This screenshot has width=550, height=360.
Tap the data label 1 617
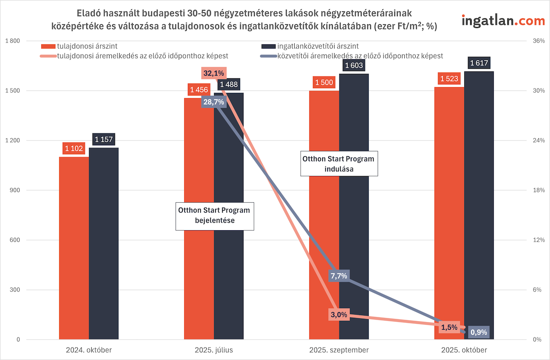click(479, 63)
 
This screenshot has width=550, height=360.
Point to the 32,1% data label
click(213, 73)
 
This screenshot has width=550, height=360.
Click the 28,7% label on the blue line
click(213, 102)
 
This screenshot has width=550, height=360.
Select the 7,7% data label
click(338, 276)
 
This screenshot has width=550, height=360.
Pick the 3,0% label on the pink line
click(339, 315)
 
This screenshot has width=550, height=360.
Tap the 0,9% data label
click(479, 332)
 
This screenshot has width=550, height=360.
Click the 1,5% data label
click(449, 327)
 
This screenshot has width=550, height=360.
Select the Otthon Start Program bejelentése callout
click(214, 216)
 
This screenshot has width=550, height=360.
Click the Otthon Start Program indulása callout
click(339, 164)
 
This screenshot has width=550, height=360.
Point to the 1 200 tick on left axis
click(12, 141)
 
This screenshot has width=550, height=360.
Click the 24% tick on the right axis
click(538, 141)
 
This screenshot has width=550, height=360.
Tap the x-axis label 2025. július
click(214, 350)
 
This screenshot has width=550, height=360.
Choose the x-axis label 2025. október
click(464, 350)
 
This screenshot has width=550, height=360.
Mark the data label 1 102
click(74, 149)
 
